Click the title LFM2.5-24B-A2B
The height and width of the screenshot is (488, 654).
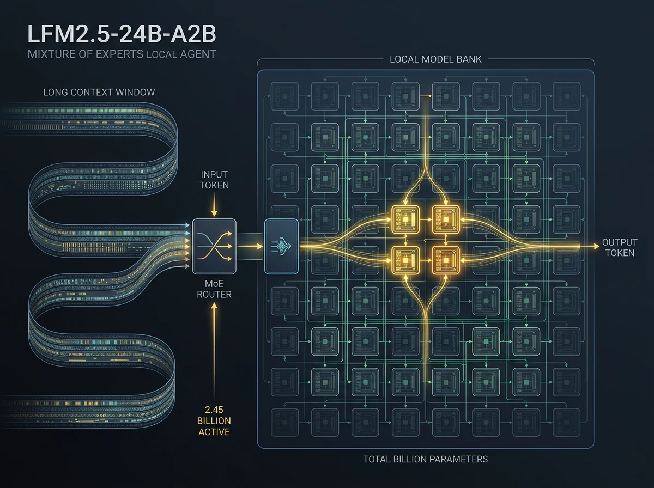click(x=122, y=34)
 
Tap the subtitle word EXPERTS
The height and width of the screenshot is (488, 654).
click(x=123, y=54)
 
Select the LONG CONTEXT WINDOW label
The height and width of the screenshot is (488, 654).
click(x=99, y=92)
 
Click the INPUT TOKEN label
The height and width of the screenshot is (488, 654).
click(x=214, y=180)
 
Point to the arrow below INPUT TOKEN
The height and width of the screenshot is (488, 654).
click(x=214, y=205)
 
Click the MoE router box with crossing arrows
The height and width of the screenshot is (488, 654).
click(x=214, y=247)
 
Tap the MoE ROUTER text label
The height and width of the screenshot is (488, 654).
click(x=214, y=289)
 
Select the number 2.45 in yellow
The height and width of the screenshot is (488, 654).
click(x=214, y=410)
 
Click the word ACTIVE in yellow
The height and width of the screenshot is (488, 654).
click(x=214, y=432)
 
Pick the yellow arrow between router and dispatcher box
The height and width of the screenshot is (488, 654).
click(x=250, y=246)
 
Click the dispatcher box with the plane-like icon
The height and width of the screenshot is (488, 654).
click(x=281, y=247)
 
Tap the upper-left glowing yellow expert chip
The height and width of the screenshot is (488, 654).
click(x=405, y=219)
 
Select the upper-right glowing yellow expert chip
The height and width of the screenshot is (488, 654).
click(x=446, y=219)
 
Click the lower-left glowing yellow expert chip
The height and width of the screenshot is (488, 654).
click(x=405, y=260)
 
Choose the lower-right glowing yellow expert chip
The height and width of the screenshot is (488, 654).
click(x=446, y=260)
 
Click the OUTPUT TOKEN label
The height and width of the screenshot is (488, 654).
click(x=620, y=247)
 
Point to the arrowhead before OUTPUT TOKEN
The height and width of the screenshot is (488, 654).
click(x=596, y=246)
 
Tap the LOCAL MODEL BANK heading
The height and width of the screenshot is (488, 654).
click(x=435, y=59)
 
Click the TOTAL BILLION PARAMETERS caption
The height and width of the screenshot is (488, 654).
click(x=426, y=459)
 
